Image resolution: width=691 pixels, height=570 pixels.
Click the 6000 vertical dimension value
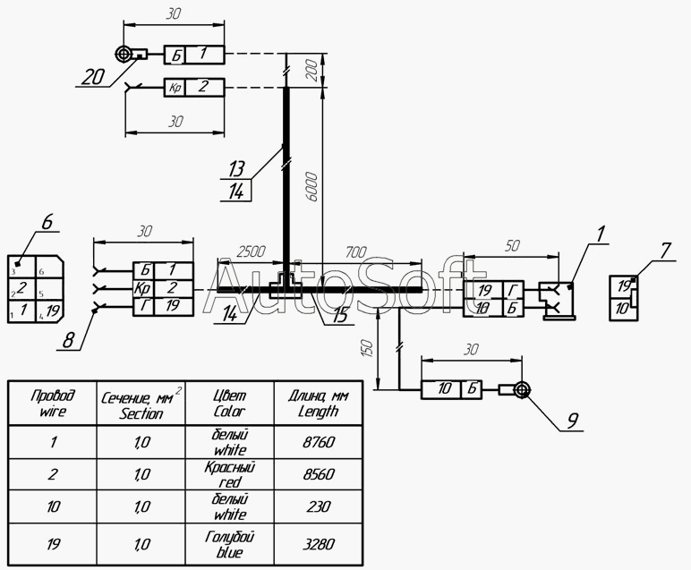pyautogui.click(x=311, y=188)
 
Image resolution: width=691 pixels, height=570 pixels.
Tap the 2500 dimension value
pyautogui.click(x=252, y=251)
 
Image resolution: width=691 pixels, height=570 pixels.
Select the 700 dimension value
pyautogui.click(x=356, y=252)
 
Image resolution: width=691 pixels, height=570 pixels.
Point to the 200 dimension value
pyautogui.click(x=311, y=70)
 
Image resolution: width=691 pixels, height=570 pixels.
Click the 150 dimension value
pyautogui.click(x=369, y=348)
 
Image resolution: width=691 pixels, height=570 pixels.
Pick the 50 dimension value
pyautogui.click(x=512, y=245)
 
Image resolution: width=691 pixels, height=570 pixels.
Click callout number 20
pyautogui.click(x=93, y=78)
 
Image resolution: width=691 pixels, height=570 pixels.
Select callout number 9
pyautogui.click(x=572, y=421)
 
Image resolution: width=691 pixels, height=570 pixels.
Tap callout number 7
pyautogui.click(x=665, y=251)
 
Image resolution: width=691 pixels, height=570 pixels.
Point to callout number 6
pyautogui.click(x=47, y=222)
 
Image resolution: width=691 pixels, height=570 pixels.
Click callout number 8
pyautogui.click(x=68, y=340)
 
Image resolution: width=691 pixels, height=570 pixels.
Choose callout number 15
pyautogui.click(x=340, y=315)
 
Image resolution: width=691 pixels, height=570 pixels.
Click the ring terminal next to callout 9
pyautogui.click(x=522, y=390)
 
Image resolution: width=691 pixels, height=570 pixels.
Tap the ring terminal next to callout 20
pyautogui.click(x=124, y=55)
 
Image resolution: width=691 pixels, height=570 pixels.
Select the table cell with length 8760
pyautogui.click(x=319, y=442)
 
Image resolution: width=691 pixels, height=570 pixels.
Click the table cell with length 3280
pyautogui.click(x=319, y=544)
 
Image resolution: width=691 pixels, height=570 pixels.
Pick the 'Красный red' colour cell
pyautogui.click(x=230, y=474)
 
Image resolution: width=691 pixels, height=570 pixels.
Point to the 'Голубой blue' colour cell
pyautogui.click(x=230, y=544)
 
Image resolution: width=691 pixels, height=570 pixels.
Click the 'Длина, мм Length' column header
pyautogui.click(x=319, y=403)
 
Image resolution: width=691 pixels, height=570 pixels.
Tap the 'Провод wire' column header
pyautogui.click(x=53, y=403)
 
